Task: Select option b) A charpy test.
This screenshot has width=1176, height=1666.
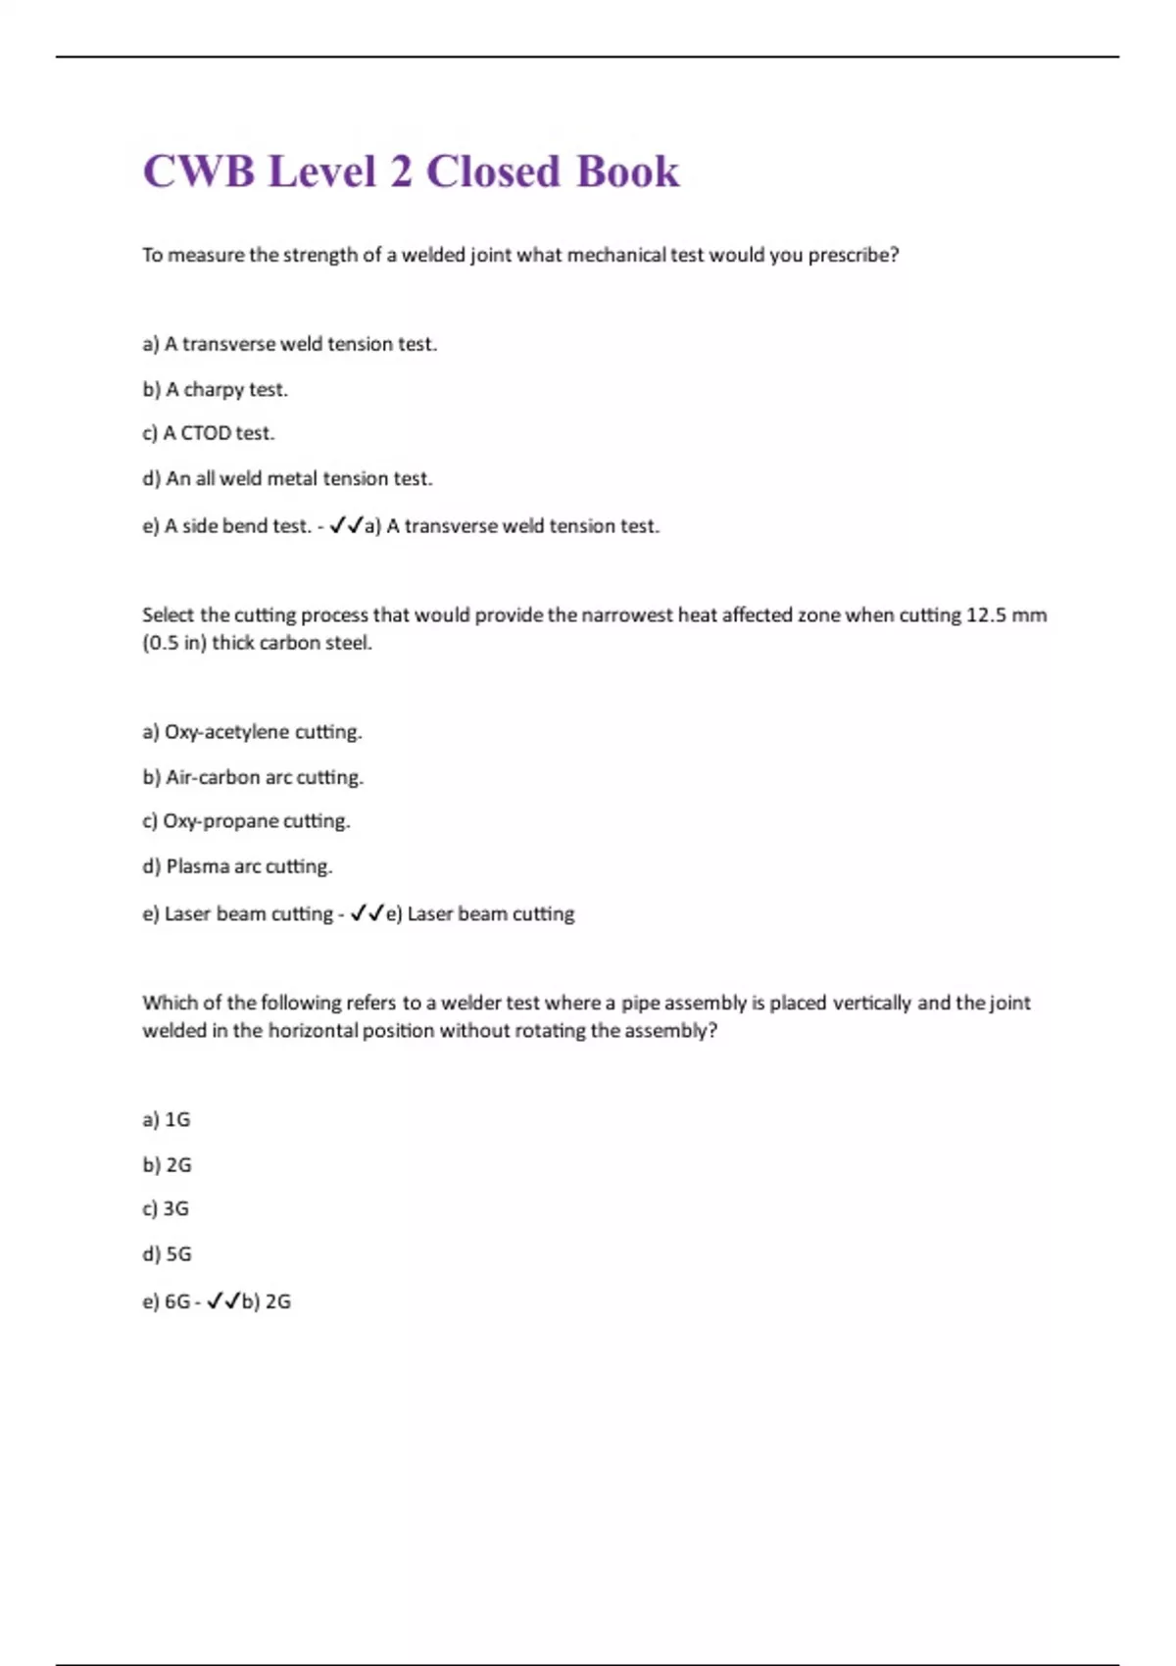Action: pyautogui.click(x=215, y=389)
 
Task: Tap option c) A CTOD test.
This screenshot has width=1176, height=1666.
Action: pyautogui.click(x=208, y=433)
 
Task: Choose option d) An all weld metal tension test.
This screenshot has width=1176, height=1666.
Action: pyautogui.click(x=287, y=478)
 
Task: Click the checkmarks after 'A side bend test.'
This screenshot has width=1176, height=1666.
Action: pyautogui.click(x=346, y=526)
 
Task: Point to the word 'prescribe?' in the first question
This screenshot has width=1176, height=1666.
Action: pyautogui.click(x=853, y=255)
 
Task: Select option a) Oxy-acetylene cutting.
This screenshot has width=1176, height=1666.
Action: pyautogui.click(x=252, y=732)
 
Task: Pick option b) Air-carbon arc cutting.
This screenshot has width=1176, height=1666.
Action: pyautogui.click(x=253, y=777)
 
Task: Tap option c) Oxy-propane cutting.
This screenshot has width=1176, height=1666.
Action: pyautogui.click(x=246, y=821)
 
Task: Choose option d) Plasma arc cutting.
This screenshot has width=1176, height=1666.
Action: pyautogui.click(x=237, y=866)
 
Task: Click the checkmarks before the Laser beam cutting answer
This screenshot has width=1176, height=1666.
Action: pyautogui.click(x=367, y=913)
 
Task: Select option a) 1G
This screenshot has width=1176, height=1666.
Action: pyautogui.click(x=166, y=1119)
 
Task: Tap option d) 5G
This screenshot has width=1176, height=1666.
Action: pyautogui.click(x=167, y=1253)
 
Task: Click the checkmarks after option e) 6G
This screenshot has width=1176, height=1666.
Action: pyautogui.click(x=223, y=1301)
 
